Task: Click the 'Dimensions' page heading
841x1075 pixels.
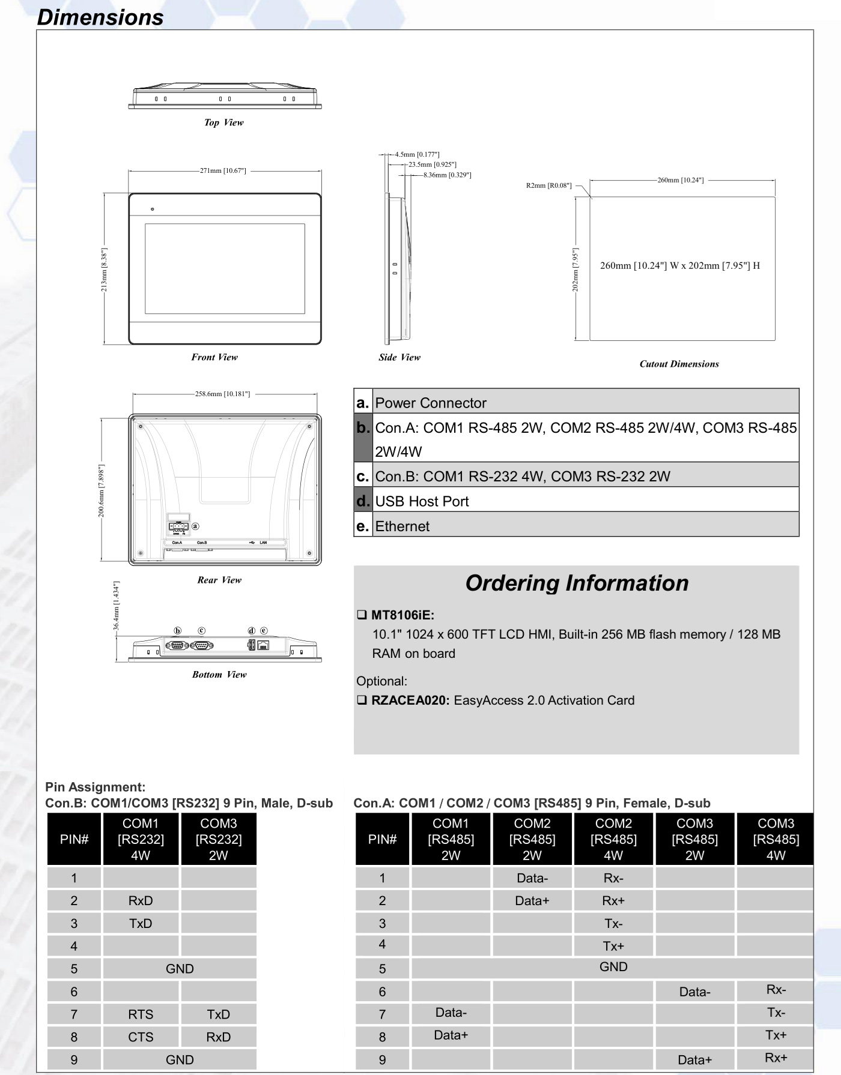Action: point(100,17)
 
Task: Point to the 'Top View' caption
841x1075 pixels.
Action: point(223,122)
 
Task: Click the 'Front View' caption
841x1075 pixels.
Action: point(214,357)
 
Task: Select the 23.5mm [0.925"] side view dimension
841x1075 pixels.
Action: point(432,164)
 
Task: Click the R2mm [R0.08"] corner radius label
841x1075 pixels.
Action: point(548,185)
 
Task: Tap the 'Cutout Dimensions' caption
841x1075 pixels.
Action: point(679,364)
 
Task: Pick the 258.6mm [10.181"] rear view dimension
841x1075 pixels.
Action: point(222,394)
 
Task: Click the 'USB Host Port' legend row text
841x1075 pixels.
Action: point(422,501)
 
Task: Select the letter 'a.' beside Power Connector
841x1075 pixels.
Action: point(362,403)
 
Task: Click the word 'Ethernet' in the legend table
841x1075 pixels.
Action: point(402,526)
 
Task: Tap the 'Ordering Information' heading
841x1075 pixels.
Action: point(577,583)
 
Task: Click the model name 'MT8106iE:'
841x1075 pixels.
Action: point(402,615)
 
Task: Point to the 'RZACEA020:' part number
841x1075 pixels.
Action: point(410,700)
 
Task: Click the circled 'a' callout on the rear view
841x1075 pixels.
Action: point(195,526)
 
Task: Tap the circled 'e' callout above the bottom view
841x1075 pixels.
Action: point(264,631)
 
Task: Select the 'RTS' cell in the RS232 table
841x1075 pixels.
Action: point(141,1014)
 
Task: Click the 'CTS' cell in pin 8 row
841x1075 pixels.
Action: point(141,1037)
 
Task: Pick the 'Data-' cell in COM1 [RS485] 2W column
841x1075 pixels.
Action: point(451,1013)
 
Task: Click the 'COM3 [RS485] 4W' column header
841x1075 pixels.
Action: point(776,839)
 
